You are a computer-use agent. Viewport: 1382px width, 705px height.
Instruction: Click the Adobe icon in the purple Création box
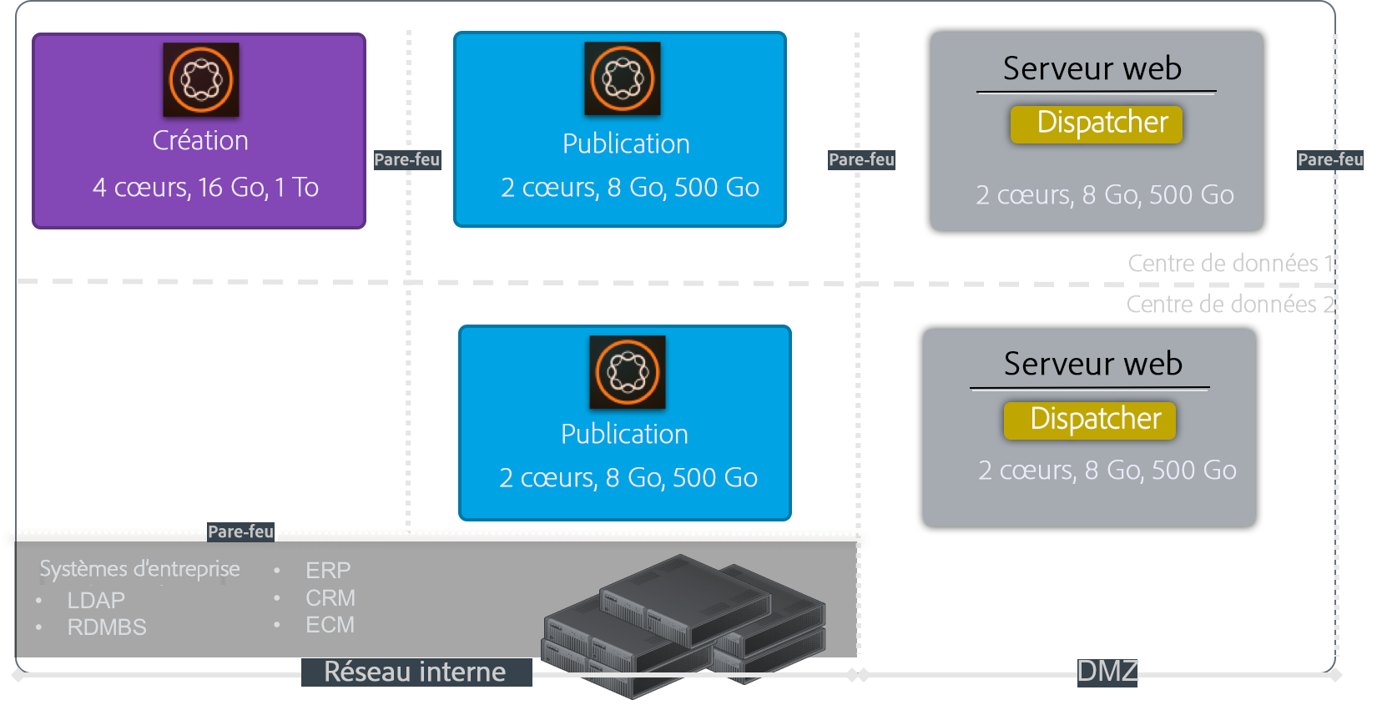click(x=201, y=79)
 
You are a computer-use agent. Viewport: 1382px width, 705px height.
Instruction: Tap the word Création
click(x=200, y=140)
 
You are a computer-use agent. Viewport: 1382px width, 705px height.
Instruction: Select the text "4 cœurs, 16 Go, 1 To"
click(x=205, y=187)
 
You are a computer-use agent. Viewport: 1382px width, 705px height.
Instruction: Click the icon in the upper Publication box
click(x=623, y=78)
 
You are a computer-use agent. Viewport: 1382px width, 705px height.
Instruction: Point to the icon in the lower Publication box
click(x=628, y=372)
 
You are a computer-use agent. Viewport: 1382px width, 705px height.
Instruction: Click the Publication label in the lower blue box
click(x=624, y=434)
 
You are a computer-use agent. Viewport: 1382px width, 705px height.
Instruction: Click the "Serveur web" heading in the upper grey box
click(x=1092, y=68)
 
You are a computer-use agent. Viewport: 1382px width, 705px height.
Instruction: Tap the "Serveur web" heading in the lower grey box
click(x=1093, y=364)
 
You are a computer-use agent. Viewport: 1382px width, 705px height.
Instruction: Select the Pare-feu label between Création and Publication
click(x=408, y=159)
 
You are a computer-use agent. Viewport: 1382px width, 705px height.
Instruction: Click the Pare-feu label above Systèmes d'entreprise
click(x=241, y=531)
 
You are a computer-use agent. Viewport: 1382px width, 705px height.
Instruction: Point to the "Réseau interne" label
click(x=416, y=672)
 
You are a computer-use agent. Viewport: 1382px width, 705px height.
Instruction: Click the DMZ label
click(x=1107, y=671)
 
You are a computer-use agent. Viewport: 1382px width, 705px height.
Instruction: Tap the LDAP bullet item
click(x=96, y=600)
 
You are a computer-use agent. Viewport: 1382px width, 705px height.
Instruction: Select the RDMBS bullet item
click(x=107, y=627)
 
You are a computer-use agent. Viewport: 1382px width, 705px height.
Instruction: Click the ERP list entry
click(x=328, y=570)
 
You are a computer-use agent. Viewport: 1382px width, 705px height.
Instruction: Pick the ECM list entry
click(x=330, y=624)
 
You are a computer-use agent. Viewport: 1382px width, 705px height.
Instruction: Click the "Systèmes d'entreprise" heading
click(x=139, y=569)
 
